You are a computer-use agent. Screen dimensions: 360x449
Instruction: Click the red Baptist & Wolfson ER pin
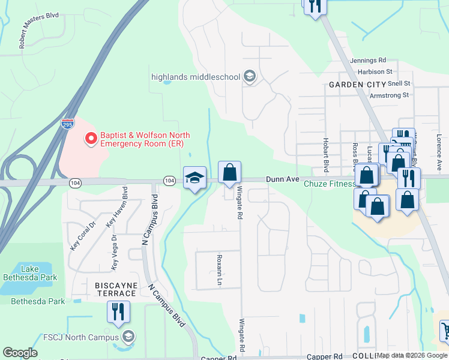(91, 139)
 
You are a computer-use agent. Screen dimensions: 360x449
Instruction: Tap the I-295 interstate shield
(67, 124)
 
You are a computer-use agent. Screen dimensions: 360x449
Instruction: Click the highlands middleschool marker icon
(250, 76)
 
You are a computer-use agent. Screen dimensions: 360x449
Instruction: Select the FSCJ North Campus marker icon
(127, 337)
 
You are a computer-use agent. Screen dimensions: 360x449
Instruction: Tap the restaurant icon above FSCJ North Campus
(118, 311)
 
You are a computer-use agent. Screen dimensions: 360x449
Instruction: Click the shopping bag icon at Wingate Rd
(229, 173)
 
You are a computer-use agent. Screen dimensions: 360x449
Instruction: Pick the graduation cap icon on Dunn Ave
(194, 178)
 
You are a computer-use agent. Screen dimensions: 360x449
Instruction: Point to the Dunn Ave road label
(282, 179)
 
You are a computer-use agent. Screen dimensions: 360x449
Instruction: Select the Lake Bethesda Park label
(30, 273)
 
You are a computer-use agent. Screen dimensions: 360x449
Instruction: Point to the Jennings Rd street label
(369, 61)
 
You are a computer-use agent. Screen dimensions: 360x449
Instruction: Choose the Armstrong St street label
(389, 95)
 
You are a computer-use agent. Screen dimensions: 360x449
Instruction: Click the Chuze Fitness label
(328, 184)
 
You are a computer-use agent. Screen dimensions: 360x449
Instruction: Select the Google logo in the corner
(20, 353)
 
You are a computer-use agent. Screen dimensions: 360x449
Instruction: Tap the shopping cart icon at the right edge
(445, 330)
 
